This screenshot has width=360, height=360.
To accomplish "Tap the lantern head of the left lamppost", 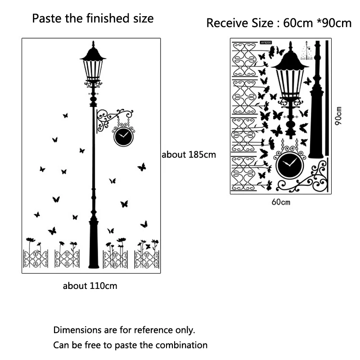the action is (x=93, y=67).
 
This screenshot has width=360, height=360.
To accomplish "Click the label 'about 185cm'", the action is (x=189, y=155).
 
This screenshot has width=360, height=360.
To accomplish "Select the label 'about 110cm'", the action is (x=90, y=286).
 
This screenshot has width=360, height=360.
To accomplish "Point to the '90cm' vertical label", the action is (x=339, y=116).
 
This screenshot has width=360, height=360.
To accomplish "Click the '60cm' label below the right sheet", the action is (x=281, y=202).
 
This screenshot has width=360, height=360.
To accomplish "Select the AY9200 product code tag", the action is (x=265, y=43).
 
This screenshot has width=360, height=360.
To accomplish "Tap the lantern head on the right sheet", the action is (x=289, y=76).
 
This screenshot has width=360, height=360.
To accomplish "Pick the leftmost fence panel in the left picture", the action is (x=36, y=259).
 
